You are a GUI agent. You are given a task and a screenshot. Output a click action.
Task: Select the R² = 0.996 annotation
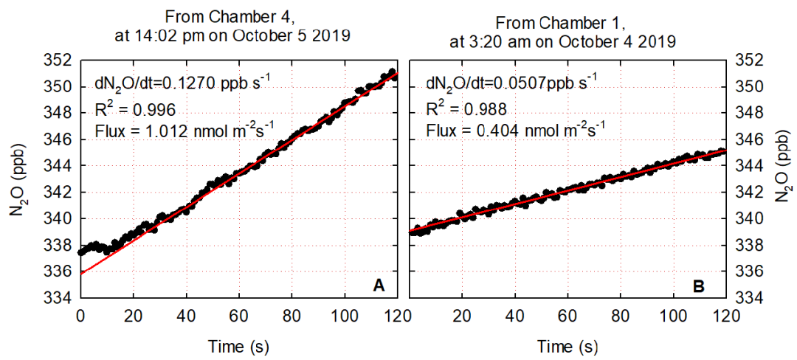point(137,111)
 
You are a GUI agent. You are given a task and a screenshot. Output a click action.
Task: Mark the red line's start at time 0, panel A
point(80,274)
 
